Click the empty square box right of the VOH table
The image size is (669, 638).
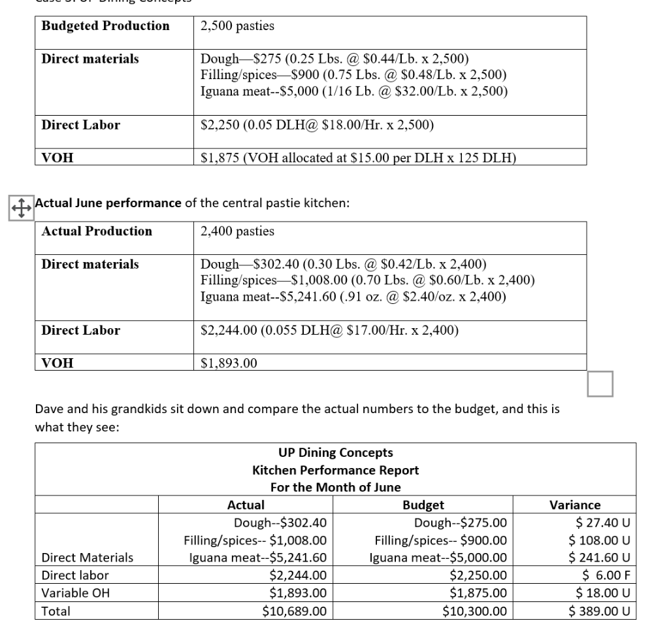[x=600, y=384]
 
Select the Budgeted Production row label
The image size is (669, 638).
[x=105, y=26]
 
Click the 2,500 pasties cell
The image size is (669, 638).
[x=238, y=26]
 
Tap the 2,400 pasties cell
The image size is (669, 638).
[x=238, y=231]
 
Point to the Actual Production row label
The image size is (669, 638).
[x=97, y=231]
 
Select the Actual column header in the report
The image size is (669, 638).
[x=246, y=505]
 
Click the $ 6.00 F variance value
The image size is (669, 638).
[x=606, y=575]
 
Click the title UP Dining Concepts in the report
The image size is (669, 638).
[x=335, y=452]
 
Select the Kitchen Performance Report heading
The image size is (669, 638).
[x=335, y=470]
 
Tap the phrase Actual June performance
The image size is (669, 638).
[x=108, y=203]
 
